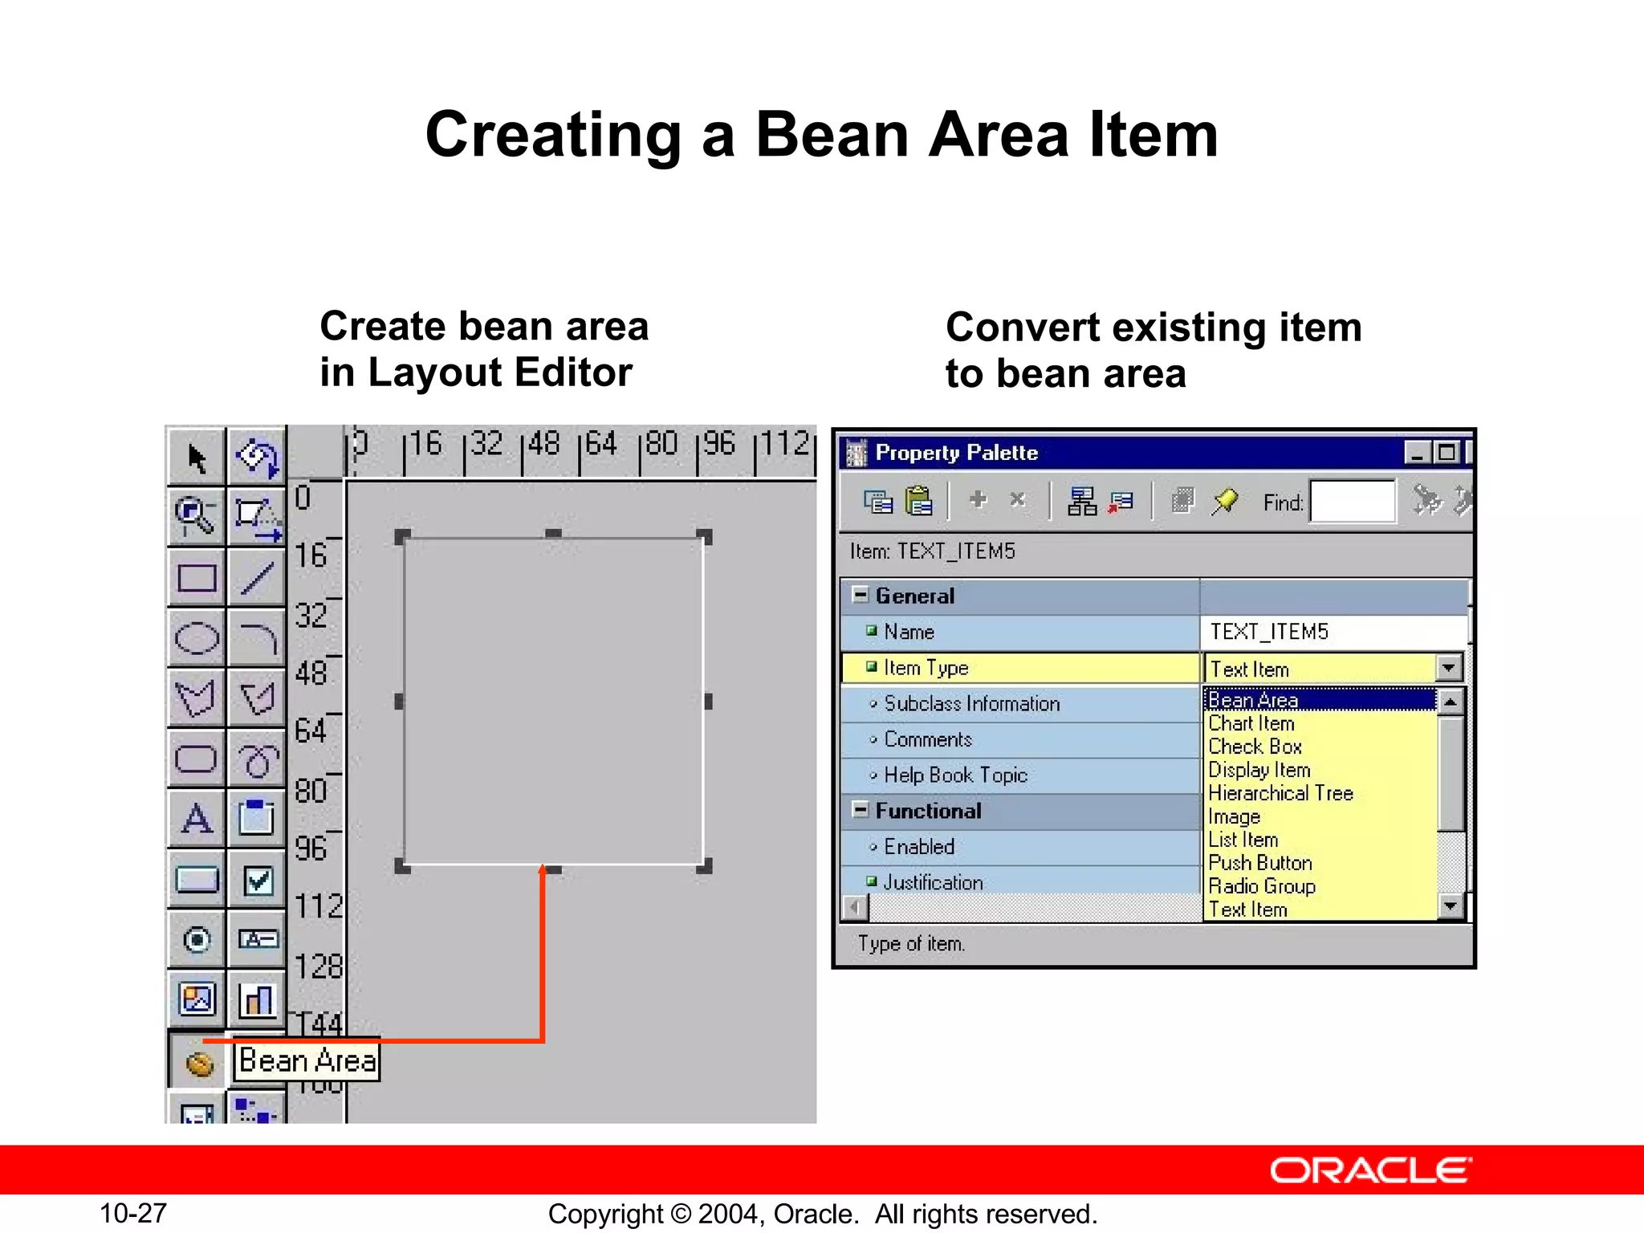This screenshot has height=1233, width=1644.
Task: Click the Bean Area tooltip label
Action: click(307, 1061)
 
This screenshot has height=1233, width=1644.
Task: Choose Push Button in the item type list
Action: click(1260, 863)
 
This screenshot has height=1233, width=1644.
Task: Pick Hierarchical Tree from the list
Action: click(1280, 793)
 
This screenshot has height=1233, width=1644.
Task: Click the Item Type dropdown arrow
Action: click(1448, 668)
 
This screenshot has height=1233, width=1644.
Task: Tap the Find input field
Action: click(1352, 502)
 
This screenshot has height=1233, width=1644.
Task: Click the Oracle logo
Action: click(1370, 1170)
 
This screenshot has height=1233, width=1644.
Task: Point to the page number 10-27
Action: click(132, 1213)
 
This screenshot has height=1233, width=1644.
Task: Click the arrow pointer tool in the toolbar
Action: click(197, 458)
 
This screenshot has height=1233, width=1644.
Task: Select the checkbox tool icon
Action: click(258, 881)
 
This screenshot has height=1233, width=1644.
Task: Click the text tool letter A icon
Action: click(197, 820)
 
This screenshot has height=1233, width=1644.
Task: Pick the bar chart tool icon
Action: click(258, 1000)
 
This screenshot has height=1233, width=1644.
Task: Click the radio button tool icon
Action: click(197, 939)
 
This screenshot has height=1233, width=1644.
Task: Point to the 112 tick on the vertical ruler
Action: click(318, 907)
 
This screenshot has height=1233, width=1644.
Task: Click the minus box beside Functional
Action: click(860, 809)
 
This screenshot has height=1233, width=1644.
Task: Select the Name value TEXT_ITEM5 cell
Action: click(1333, 632)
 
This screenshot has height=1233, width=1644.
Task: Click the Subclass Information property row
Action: click(971, 704)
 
